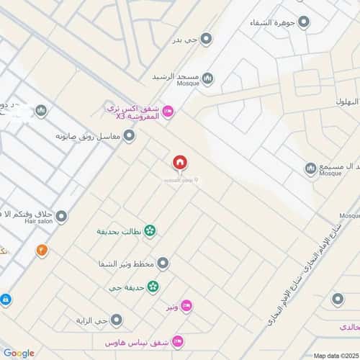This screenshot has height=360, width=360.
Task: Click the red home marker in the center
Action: [179, 163]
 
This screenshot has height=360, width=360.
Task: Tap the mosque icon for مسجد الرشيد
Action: [207, 77]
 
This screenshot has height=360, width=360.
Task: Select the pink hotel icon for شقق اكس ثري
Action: [168, 110]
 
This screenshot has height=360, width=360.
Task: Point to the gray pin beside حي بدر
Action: [207, 39]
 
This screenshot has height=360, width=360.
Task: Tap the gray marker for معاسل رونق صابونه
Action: [130, 135]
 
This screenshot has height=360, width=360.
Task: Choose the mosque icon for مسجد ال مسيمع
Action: [310, 168]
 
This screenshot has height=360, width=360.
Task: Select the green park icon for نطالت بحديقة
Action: [150, 231]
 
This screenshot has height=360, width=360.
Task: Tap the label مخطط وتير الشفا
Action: [126, 264]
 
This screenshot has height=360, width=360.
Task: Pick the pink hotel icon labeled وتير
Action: [186, 307]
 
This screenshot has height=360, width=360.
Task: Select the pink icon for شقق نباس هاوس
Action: [178, 341]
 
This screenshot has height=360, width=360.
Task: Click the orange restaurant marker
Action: [42, 251]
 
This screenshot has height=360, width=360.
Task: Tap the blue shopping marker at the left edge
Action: [4, 300]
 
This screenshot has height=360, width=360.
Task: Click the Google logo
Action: [19, 353]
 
